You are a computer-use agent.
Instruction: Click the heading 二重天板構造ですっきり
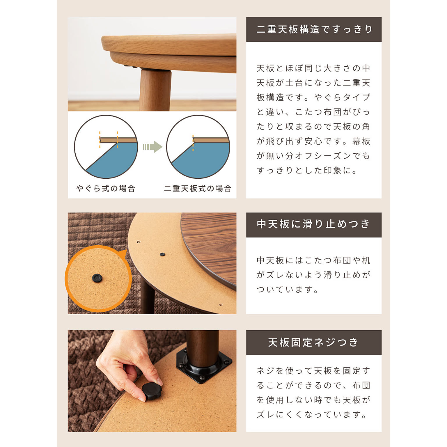[x=314, y=29]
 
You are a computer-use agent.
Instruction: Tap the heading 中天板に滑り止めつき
[x=313, y=224]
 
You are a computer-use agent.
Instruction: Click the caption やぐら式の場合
[x=106, y=189]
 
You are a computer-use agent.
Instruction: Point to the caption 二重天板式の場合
[x=198, y=189]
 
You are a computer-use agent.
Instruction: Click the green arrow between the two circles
[x=153, y=147]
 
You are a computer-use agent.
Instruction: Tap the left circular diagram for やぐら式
[x=106, y=147]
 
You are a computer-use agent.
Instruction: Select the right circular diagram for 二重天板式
[x=198, y=147]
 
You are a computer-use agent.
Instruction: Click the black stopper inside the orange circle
[x=97, y=278]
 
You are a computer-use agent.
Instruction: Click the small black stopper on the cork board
[x=162, y=255]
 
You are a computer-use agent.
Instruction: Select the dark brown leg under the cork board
[x=147, y=297]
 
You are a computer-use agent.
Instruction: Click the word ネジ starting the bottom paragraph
[x=265, y=371]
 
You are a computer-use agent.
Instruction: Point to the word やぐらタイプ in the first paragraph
[x=342, y=97]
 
